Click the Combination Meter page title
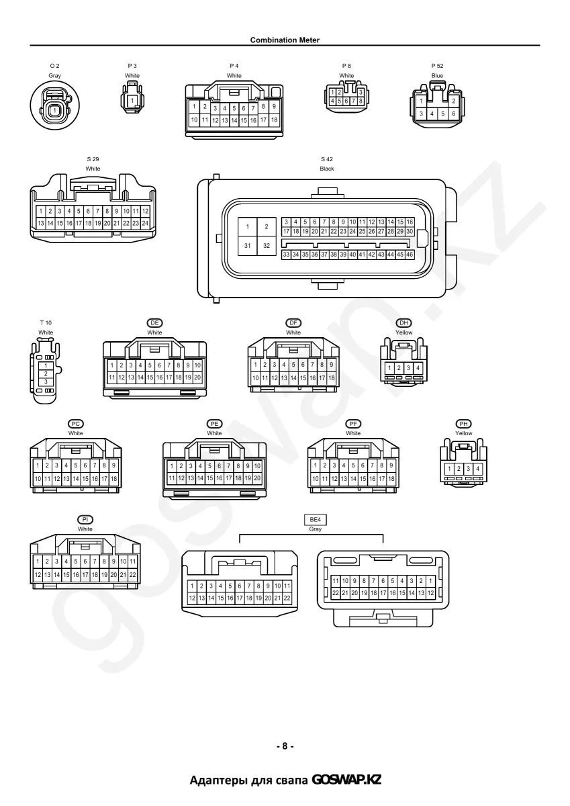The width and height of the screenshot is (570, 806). pyautogui.click(x=285, y=40)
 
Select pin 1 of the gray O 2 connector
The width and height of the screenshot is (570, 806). pyautogui.click(x=54, y=110)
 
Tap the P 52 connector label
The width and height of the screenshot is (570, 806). pyautogui.click(x=437, y=66)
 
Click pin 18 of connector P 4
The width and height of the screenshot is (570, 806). pyautogui.click(x=274, y=120)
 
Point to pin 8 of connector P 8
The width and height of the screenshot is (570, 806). pyautogui.click(x=361, y=101)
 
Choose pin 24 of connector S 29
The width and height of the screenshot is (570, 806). pyautogui.click(x=145, y=223)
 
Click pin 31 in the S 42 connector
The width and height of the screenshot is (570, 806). pyautogui.click(x=248, y=246)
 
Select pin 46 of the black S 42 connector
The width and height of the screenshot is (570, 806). pyautogui.click(x=410, y=255)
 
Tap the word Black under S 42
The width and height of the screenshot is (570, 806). pyautogui.click(x=327, y=169)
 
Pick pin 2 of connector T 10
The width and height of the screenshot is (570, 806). pyautogui.click(x=46, y=374)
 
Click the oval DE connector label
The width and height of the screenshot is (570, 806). pyautogui.click(x=154, y=323)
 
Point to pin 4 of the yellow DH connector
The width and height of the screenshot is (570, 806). pyautogui.click(x=418, y=368)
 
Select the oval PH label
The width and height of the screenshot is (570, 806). pyautogui.click(x=463, y=424)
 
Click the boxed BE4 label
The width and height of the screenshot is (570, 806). pyautogui.click(x=315, y=520)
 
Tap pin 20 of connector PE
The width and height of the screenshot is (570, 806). pyautogui.click(x=257, y=478)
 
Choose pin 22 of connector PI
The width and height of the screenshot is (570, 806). pyautogui.click(x=133, y=575)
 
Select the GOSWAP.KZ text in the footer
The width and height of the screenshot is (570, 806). pyautogui.click(x=346, y=780)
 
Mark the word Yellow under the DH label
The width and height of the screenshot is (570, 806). pyautogui.click(x=404, y=332)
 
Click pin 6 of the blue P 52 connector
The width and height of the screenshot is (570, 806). pyautogui.click(x=453, y=114)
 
